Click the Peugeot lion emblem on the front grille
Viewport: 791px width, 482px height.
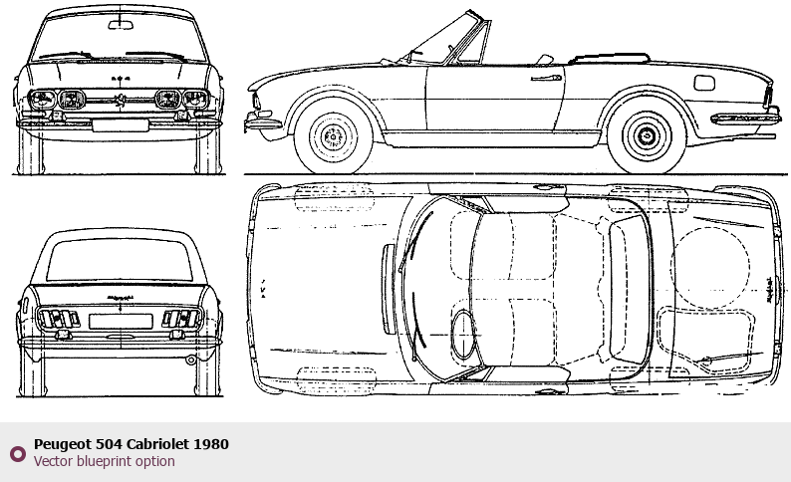(120, 100)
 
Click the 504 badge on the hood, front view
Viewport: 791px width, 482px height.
(120, 79)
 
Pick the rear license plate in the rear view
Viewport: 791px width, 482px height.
(119, 321)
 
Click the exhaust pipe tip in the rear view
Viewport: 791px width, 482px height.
(190, 361)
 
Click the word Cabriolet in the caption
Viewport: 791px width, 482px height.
(149, 443)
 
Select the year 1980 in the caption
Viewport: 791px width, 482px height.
(211, 443)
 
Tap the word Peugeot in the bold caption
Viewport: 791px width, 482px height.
(63, 443)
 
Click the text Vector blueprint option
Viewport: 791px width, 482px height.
(104, 461)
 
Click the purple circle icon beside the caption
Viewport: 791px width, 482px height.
(17, 453)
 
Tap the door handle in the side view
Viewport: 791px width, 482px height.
(546, 77)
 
